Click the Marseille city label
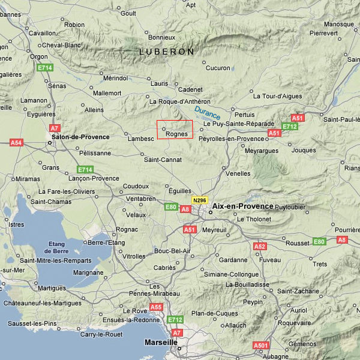point(161,343)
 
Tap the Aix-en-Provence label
point(242,206)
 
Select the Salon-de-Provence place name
point(80,137)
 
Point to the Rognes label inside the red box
point(176,134)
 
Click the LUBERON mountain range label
point(167,52)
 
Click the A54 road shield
point(16,143)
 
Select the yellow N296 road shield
point(199,200)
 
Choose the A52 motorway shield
point(260,247)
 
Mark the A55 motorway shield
point(156,307)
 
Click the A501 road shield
point(261,346)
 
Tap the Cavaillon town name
point(42,34)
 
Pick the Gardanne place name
point(233,260)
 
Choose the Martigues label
point(52,289)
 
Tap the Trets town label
point(320,264)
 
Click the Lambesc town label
point(141,139)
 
